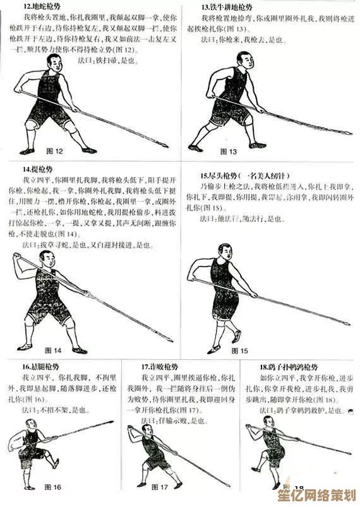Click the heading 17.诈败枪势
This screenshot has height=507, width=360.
point(158,367)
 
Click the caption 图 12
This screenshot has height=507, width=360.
point(56,152)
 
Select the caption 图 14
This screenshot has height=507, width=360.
point(53,350)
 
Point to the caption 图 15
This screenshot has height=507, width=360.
point(240,350)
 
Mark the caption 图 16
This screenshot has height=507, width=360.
point(53,487)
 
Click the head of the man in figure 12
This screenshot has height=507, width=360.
point(54,65)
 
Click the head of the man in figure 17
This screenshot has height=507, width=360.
point(147,431)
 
